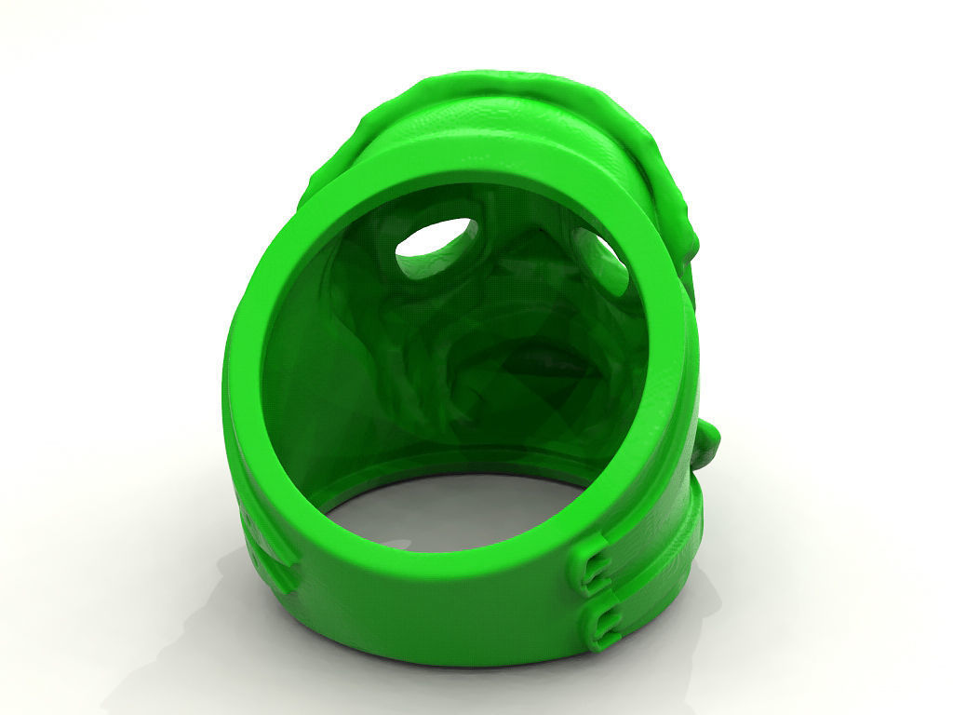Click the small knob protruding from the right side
[x=706, y=445]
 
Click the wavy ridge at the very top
[x=484, y=86]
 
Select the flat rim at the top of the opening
[x=465, y=177]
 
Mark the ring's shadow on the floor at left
[x=186, y=605]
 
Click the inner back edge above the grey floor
[x=437, y=465]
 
